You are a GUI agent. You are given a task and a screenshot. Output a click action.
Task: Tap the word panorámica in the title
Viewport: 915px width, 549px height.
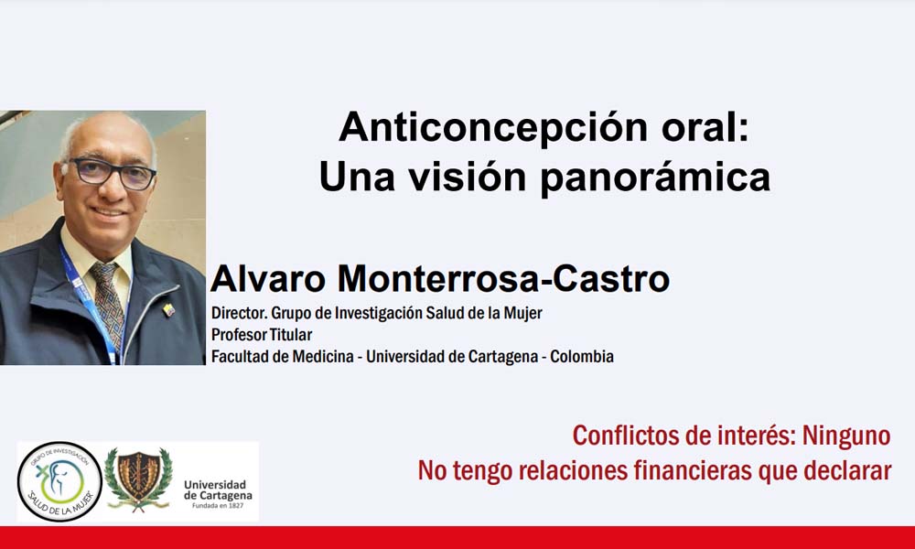click(x=655, y=177)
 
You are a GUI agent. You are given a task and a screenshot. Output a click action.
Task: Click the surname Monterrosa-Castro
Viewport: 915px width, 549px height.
click(x=503, y=279)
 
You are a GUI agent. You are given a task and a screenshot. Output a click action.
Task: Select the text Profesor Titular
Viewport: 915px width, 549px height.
click(x=262, y=335)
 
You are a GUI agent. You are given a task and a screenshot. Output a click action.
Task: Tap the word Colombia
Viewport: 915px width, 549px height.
click(x=582, y=357)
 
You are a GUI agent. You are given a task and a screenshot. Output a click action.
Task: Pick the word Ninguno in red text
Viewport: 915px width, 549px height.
click(x=846, y=436)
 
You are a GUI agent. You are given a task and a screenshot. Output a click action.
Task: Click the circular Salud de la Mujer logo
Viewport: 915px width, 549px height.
click(x=59, y=482)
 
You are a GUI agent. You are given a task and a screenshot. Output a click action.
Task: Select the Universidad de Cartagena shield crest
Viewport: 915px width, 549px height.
click(x=138, y=479)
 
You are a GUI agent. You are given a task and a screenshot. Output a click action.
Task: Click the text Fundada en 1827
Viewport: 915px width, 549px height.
click(x=218, y=505)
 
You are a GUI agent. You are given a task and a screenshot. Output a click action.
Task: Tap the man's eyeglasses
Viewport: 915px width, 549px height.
click(x=111, y=173)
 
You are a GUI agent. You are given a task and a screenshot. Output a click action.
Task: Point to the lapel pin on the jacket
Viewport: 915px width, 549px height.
click(x=168, y=309)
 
